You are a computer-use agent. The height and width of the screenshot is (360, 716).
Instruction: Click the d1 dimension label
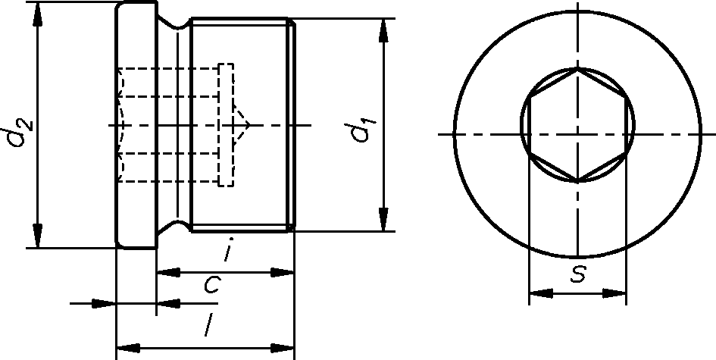click(x=364, y=130)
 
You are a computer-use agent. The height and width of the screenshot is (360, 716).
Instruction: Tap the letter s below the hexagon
click(x=578, y=274)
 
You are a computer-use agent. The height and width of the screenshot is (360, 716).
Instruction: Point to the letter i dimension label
click(x=227, y=249)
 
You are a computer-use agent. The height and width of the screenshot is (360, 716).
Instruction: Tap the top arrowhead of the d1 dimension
click(x=383, y=31)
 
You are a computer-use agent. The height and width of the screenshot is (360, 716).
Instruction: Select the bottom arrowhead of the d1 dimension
click(x=383, y=220)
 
